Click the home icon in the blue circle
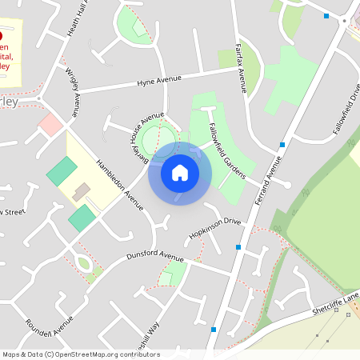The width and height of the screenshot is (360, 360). click(x=180, y=172)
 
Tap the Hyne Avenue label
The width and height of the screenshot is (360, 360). click(x=159, y=81)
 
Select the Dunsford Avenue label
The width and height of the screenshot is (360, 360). click(x=155, y=256)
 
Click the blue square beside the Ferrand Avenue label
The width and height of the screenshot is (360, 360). click(x=282, y=145)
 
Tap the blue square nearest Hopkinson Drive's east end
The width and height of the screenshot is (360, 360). click(x=238, y=247)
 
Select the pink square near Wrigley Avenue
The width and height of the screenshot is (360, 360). click(x=50, y=124)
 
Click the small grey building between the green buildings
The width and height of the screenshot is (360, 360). click(x=82, y=192)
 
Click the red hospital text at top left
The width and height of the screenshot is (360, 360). click(x=5, y=56)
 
